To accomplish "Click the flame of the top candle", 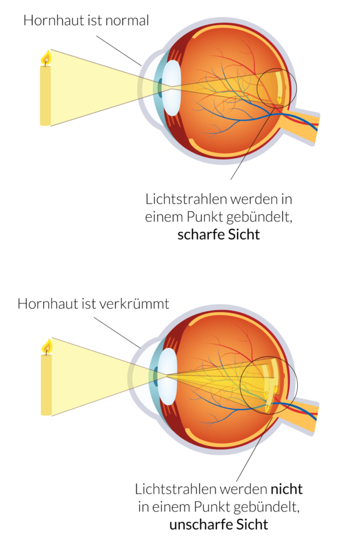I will coord(46,57).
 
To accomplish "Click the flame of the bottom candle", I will coord(47,346).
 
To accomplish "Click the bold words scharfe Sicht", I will coord(219,234).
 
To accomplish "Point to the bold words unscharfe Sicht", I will coord(219,524).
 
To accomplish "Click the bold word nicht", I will coord(287,489).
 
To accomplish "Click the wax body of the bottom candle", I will coord(46,385).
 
